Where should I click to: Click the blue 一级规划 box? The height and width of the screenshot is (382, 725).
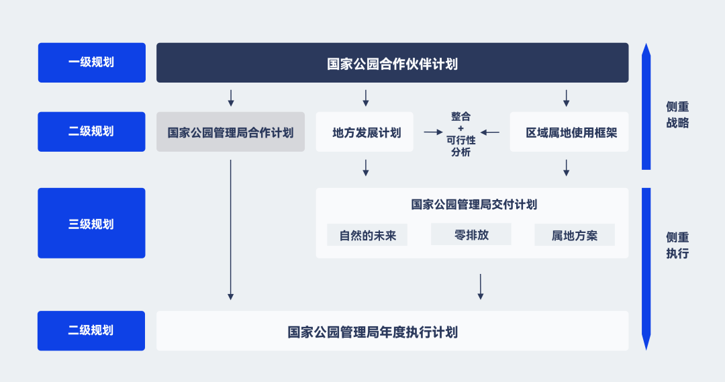click(x=91, y=62)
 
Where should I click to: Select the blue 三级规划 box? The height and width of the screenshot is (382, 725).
click(x=91, y=224)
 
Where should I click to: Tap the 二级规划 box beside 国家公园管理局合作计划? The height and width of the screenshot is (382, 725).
click(x=91, y=132)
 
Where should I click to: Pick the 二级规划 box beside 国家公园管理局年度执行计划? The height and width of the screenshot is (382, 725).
click(x=91, y=330)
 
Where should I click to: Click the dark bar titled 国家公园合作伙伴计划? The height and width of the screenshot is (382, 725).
click(x=392, y=63)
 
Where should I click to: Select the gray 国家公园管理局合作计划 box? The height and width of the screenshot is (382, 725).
click(x=230, y=132)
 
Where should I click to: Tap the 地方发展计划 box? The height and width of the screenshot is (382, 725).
click(x=365, y=132)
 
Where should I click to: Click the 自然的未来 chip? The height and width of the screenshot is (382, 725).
click(x=367, y=236)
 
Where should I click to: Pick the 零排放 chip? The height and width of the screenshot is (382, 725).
click(x=471, y=235)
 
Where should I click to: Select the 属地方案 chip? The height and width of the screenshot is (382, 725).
click(x=575, y=236)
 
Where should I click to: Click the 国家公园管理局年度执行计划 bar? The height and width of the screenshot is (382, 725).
click(x=392, y=331)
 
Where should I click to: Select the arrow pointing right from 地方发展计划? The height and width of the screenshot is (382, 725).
click(x=433, y=132)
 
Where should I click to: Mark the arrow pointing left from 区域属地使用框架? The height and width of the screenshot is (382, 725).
click(x=489, y=132)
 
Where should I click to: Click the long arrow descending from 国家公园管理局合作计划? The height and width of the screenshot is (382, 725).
click(x=230, y=228)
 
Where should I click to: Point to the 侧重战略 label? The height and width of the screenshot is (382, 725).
click(x=677, y=115)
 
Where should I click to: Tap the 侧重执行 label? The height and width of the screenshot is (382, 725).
click(x=677, y=246)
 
